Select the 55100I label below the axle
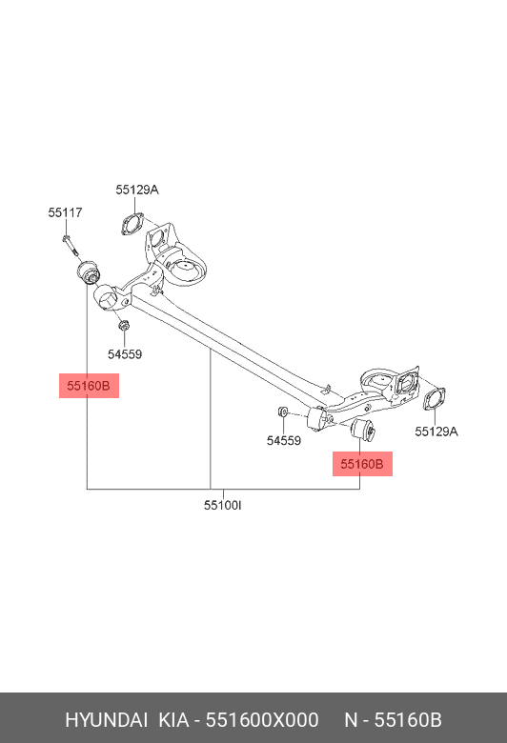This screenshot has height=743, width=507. tap(222, 505)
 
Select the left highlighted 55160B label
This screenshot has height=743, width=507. tap(89, 386)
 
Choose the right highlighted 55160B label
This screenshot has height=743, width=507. tap(361, 464)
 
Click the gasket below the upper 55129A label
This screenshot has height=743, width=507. tap(131, 225)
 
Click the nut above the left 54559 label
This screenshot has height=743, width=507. tap(123, 329)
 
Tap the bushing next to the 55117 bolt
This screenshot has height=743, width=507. tap(89, 271)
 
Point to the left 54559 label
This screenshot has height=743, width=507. tap(124, 354)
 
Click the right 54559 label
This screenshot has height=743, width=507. tap(283, 441)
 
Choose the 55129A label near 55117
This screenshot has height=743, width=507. tap(137, 190)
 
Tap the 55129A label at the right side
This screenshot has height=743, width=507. tap(436, 432)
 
